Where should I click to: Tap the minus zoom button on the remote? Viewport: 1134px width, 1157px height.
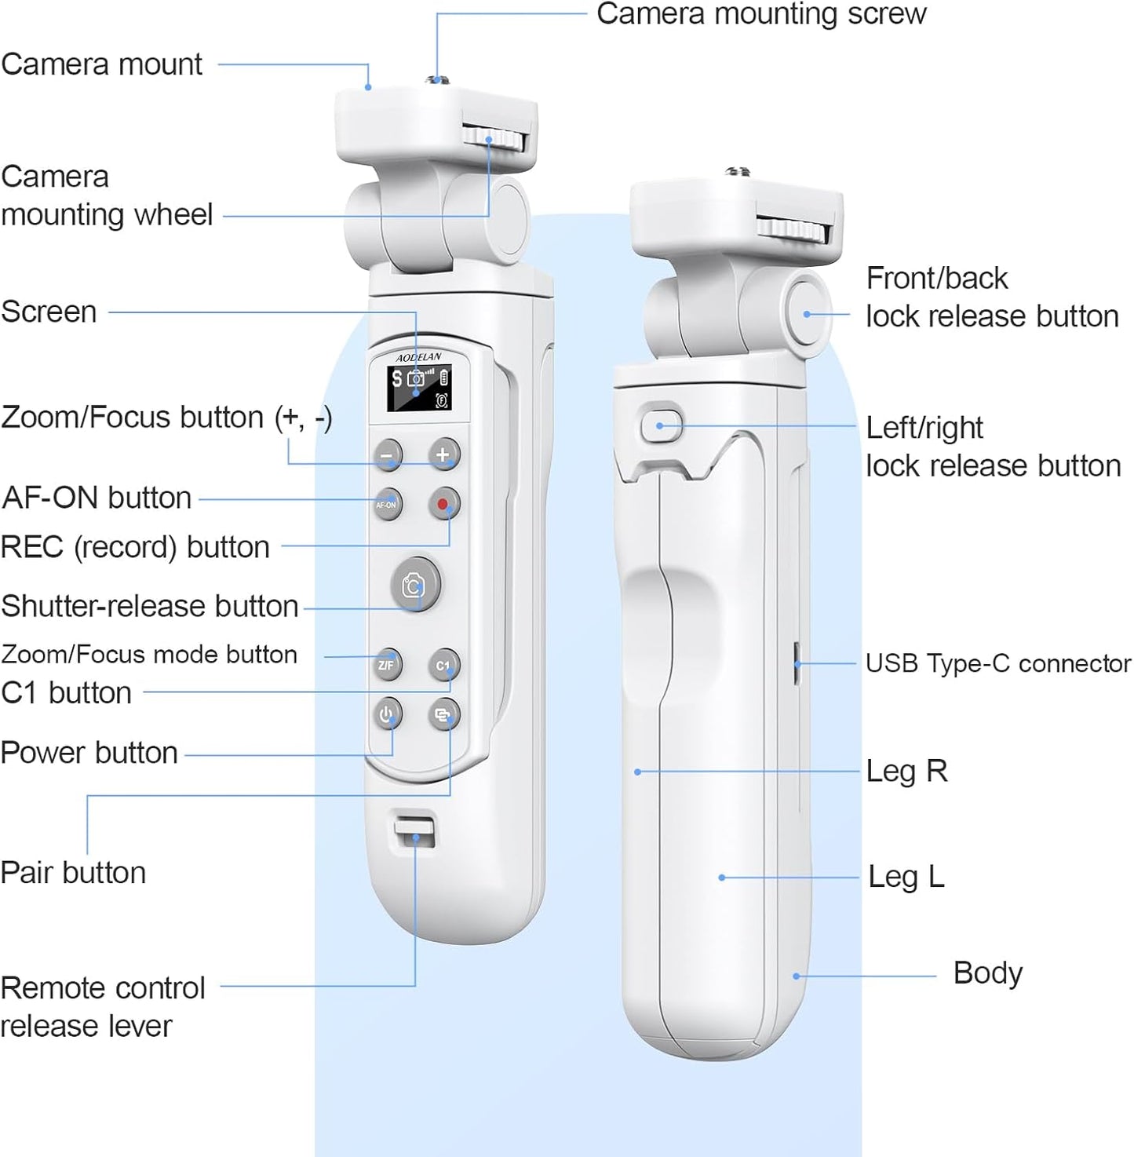tap(386, 454)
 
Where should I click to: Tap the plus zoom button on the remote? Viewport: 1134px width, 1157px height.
tap(443, 454)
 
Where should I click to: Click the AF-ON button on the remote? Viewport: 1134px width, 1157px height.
tap(386, 505)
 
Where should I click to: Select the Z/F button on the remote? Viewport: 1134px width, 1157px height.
tap(387, 665)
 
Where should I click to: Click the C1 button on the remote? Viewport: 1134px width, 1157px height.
tap(443, 665)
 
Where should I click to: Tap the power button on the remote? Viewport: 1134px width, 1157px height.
tap(387, 714)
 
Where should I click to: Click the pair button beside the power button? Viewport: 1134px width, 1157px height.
tap(443, 714)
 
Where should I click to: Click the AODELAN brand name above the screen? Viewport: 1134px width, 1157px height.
tap(418, 357)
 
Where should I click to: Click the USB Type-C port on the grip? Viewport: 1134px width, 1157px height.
tap(796, 663)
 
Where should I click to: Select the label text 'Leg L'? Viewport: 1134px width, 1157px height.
tap(906, 877)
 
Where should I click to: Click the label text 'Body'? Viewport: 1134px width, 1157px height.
tap(987, 973)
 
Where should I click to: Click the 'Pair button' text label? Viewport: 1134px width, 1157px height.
tap(73, 873)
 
